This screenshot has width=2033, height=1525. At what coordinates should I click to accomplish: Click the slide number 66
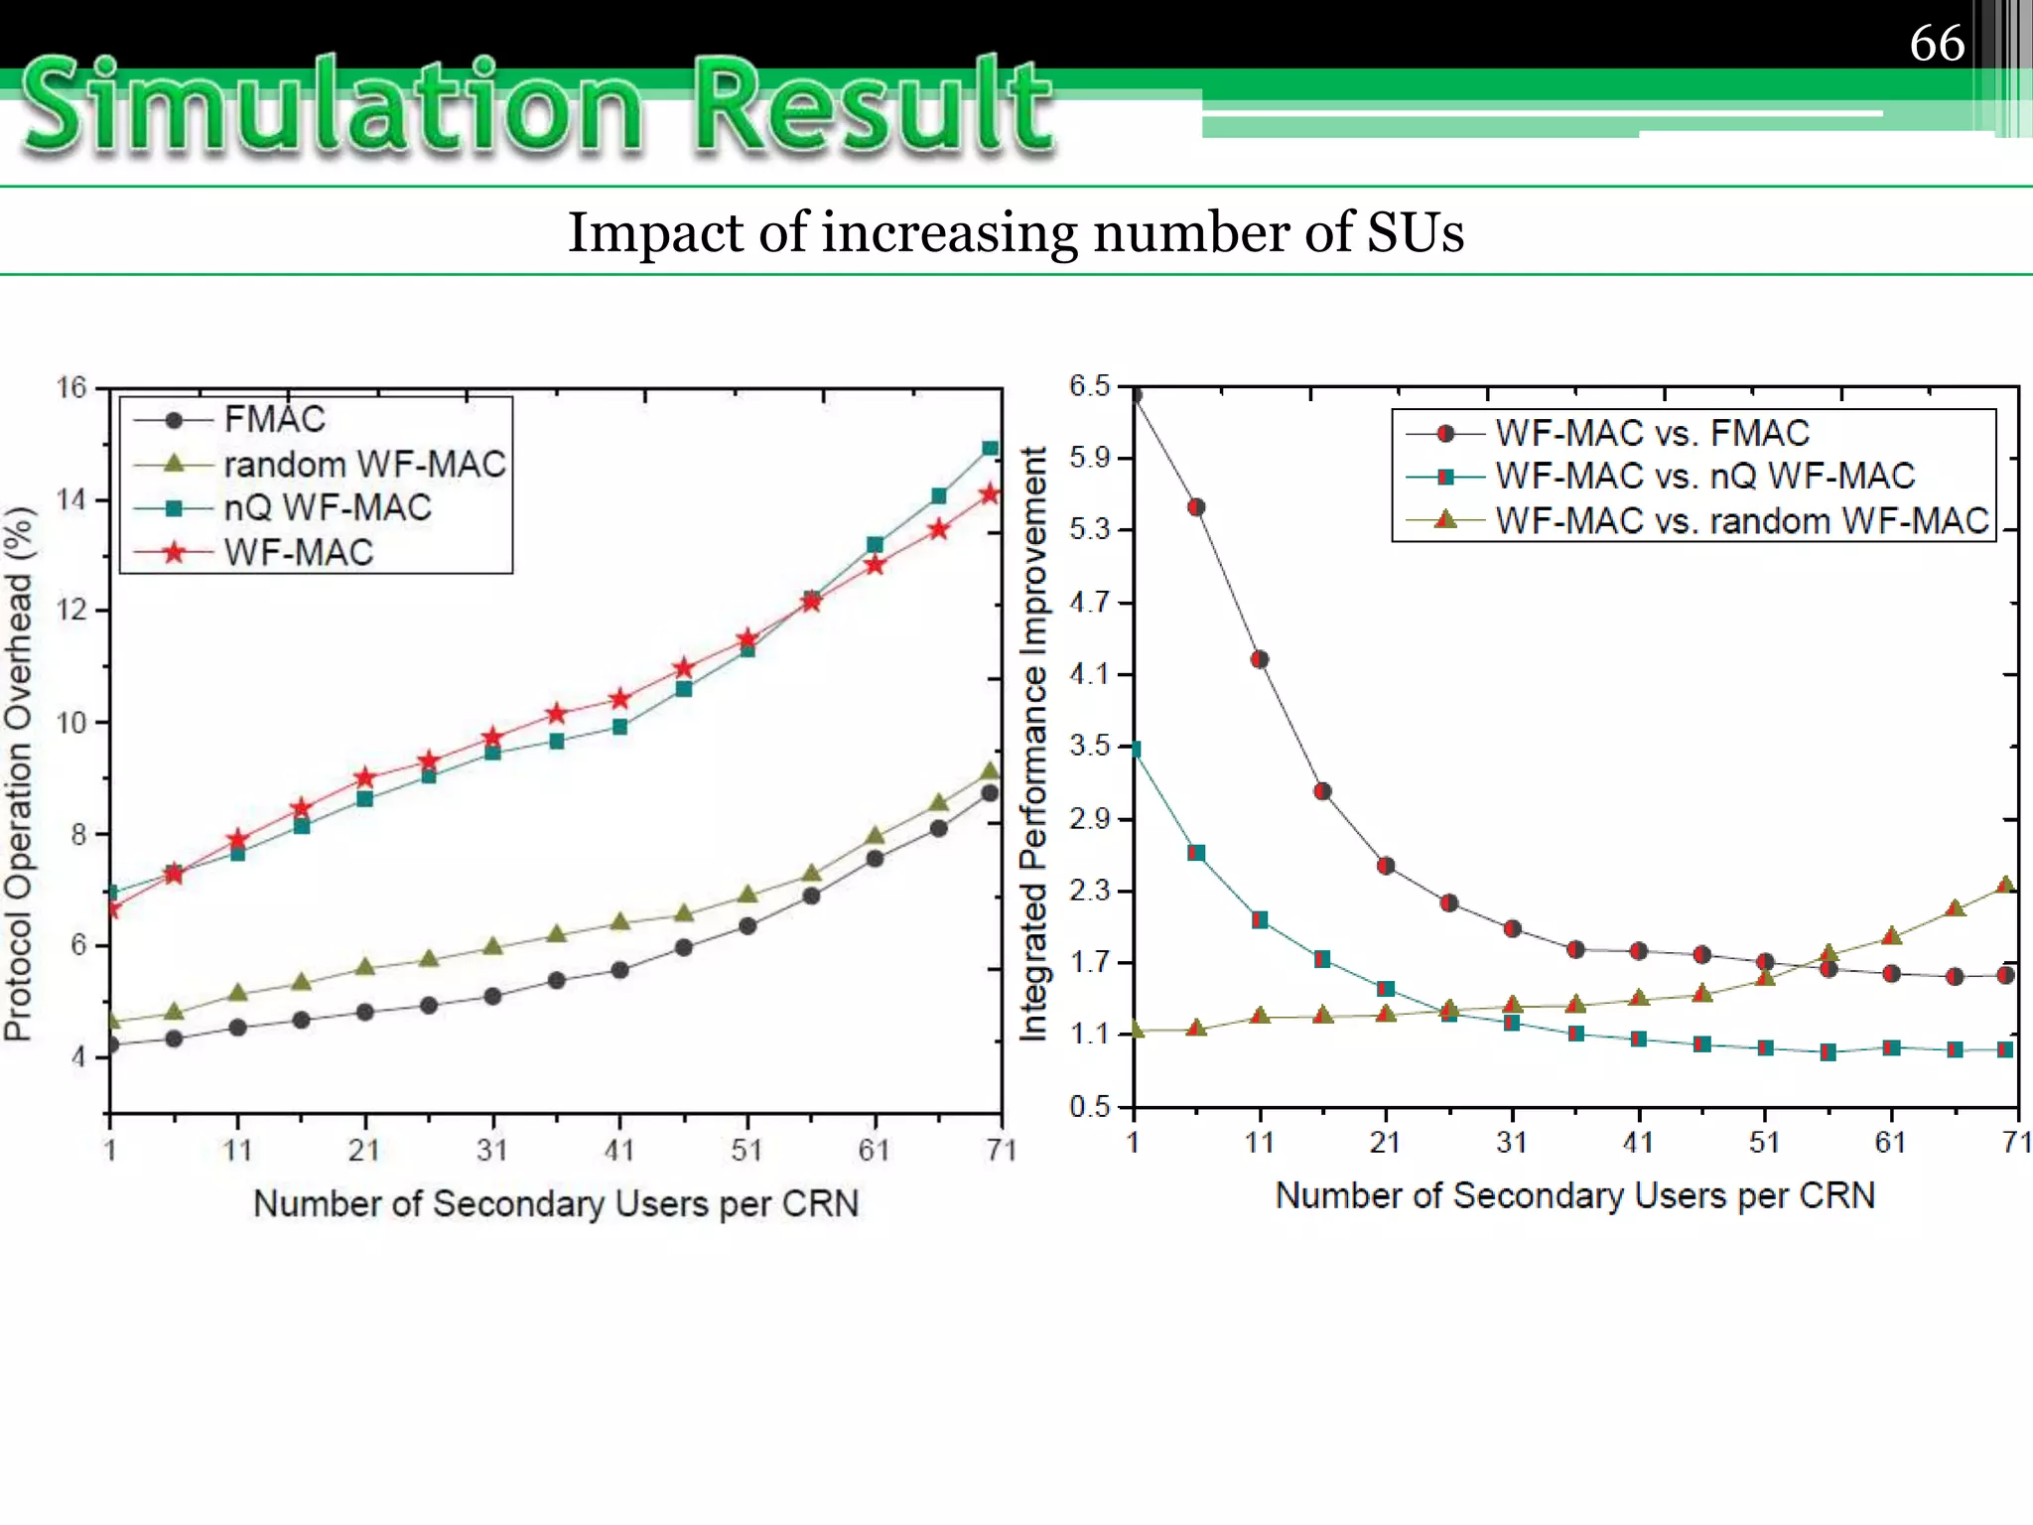[1937, 44]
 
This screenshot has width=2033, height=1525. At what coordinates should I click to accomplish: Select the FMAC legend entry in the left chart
[274, 419]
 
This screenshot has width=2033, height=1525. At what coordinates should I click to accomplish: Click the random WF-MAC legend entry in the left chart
[364, 464]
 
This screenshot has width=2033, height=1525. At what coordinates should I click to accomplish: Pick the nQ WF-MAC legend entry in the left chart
[327, 507]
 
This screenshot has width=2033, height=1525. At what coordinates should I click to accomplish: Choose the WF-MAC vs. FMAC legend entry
[1652, 433]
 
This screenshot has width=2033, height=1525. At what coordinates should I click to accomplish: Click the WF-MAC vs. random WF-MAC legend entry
[1742, 520]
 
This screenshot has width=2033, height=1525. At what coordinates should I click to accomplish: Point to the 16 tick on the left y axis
[71, 387]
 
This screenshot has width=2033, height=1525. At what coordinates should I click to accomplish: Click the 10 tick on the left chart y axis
[71, 722]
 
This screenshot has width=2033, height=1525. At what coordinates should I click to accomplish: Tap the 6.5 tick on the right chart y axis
[1089, 385]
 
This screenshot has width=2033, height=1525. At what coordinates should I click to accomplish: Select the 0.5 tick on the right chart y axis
[1089, 1106]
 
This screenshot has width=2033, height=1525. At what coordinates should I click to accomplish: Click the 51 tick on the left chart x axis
[746, 1150]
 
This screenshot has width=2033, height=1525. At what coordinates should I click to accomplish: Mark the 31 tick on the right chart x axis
[1511, 1142]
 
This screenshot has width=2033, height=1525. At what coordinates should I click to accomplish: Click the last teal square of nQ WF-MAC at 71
[990, 449]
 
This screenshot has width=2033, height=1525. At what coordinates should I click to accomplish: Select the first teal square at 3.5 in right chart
[1136, 750]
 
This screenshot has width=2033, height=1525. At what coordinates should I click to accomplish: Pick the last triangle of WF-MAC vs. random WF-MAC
[2005, 885]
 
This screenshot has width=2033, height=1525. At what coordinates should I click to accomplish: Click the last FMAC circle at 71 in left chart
[990, 793]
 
